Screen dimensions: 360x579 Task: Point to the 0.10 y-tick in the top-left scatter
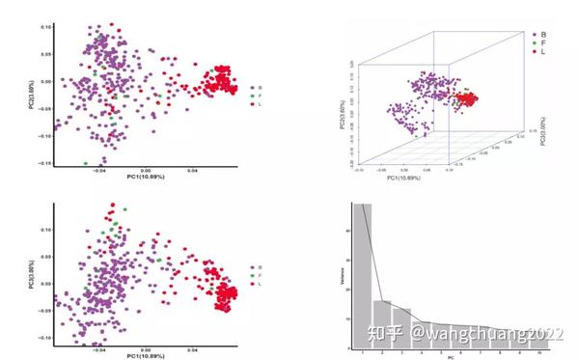[x=46, y=26]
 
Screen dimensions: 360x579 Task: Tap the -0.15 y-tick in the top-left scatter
[x=45, y=163]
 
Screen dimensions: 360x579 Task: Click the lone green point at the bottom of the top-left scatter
[x=86, y=162]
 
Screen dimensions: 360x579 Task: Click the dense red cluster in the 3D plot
[x=474, y=100]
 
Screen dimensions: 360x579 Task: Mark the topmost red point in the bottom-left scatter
[x=113, y=207]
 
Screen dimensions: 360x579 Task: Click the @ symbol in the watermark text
[x=417, y=334]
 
